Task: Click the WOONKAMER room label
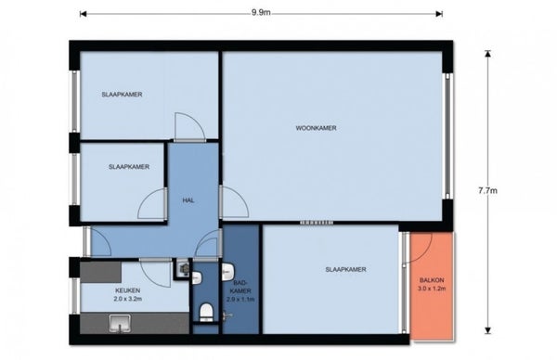pos(316,128)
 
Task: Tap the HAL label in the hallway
pos(188,200)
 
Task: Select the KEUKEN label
pos(127,290)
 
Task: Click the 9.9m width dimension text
pos(261,13)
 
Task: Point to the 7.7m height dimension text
pos(487,190)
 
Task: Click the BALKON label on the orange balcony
pos(432,280)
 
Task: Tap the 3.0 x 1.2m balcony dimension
pos(432,289)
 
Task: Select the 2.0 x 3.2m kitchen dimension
pos(127,299)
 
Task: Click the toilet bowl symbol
pos(206,313)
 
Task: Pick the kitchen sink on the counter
pos(120,324)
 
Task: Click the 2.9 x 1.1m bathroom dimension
pos(240,300)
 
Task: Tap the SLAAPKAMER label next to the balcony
pos(345,269)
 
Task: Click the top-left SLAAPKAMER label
pos(122,95)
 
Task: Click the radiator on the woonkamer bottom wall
pos(317,223)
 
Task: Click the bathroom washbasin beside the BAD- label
pos(227,272)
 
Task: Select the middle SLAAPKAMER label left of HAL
pos(129,167)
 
